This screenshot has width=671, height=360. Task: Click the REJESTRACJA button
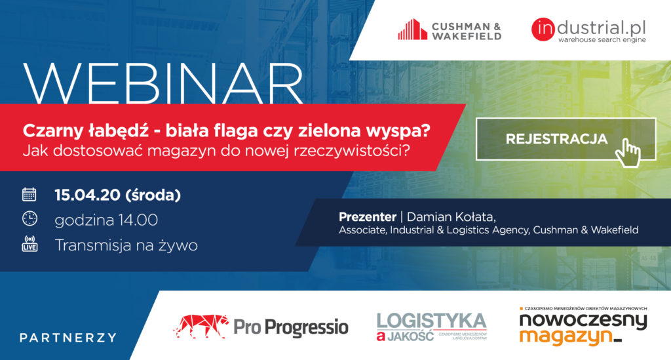pyautogui.click(x=556, y=139)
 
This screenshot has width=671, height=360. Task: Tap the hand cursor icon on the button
pyautogui.click(x=629, y=151)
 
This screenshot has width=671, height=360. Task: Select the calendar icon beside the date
pyautogui.click(x=29, y=194)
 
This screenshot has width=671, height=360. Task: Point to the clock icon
pyautogui.click(x=29, y=219)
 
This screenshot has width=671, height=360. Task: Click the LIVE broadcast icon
pyautogui.click(x=29, y=245)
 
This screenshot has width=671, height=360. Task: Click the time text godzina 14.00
pyautogui.click(x=106, y=220)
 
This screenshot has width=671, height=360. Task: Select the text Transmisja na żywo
pyautogui.click(x=126, y=245)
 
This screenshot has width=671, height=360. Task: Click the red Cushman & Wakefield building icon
pyautogui.click(x=412, y=30)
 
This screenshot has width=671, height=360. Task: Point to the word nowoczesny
pyautogui.click(x=583, y=320)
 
